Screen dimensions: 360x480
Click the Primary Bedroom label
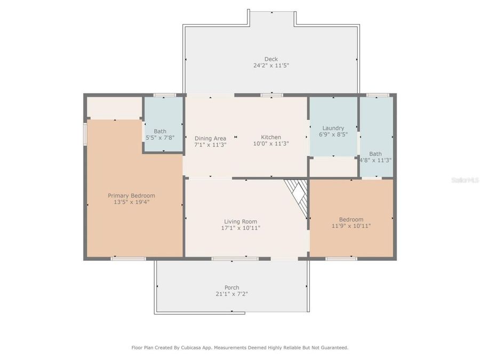tap(131, 196)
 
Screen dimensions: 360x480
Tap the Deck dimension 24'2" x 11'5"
tap(271, 66)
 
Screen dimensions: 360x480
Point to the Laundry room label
tap(333, 128)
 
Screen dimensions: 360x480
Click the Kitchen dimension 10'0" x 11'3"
tap(271, 143)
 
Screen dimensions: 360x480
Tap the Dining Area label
tap(210, 138)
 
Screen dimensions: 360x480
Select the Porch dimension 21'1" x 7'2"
tap(231, 294)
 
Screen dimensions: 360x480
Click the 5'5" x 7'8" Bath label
tap(160, 131)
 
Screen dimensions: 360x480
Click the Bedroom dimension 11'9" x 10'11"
tap(351, 226)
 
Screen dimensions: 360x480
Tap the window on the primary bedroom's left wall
tap(84, 133)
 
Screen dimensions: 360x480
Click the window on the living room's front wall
tap(235, 259)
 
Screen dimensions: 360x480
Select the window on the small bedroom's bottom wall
tap(341, 259)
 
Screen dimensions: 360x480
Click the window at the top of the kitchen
tap(271, 95)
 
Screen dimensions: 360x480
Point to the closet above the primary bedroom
tap(114, 108)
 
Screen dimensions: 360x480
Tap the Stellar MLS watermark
tap(464, 180)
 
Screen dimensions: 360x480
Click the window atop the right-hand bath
tap(378, 95)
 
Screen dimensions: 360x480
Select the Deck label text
tap(271, 59)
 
